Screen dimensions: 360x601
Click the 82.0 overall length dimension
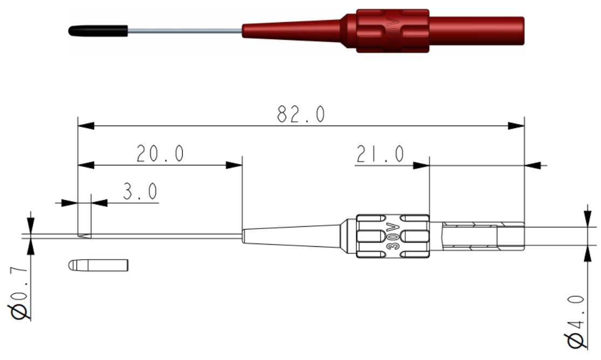[301, 114]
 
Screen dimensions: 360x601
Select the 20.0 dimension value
[160, 154]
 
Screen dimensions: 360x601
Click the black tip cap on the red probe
[98, 31]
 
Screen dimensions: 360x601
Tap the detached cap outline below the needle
[99, 265]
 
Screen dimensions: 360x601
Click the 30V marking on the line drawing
[393, 234]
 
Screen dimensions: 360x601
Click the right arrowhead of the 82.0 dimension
[516, 126]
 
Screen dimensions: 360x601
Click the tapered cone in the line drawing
[294, 236]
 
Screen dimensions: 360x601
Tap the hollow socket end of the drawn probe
[510, 236]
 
